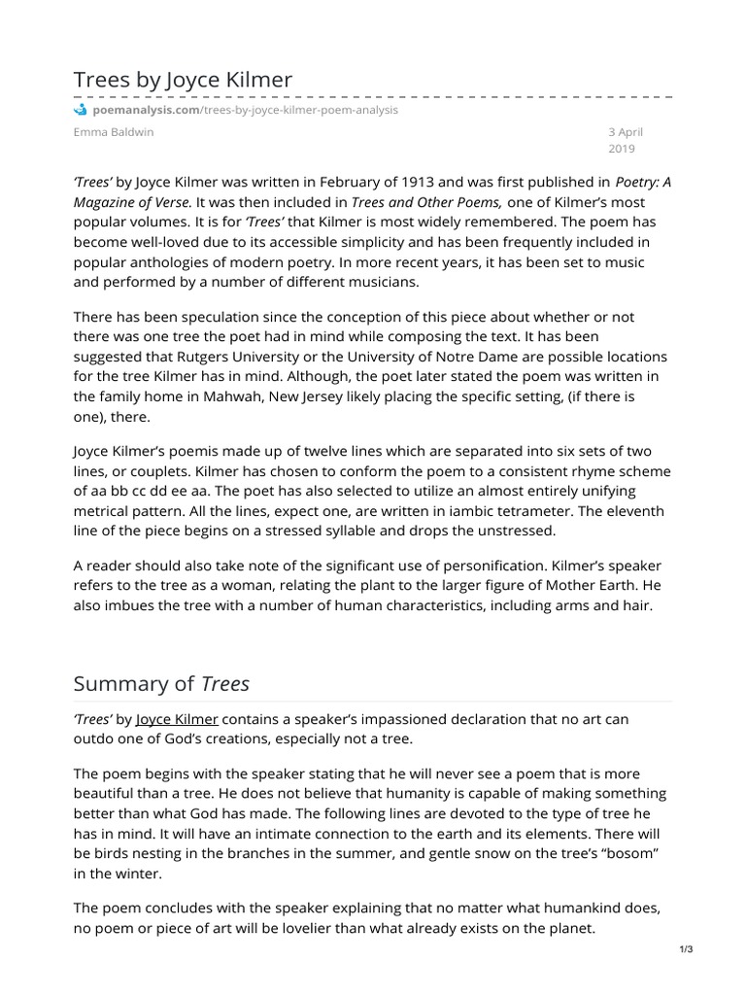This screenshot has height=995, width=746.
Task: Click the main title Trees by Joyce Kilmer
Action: (183, 80)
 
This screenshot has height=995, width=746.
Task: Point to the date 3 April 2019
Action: (625, 140)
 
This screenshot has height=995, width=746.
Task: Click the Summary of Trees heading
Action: (161, 683)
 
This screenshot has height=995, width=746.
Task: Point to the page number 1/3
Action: (686, 949)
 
